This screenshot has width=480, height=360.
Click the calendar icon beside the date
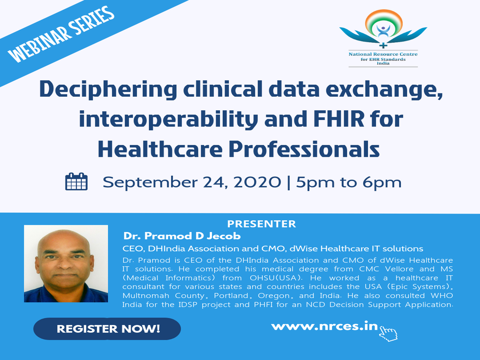[x=77, y=181]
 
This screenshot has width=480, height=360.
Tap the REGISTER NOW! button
[x=107, y=329]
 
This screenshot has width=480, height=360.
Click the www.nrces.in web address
[x=325, y=326]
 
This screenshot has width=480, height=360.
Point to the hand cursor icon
[x=388, y=333]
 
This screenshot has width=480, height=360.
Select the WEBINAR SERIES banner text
[x=61, y=34]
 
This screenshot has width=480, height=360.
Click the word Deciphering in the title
[x=108, y=89]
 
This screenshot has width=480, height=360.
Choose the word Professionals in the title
[x=304, y=149]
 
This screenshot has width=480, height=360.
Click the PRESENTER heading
[x=262, y=224]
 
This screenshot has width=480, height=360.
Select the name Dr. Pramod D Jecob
[x=182, y=236]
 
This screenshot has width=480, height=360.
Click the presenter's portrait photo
[x=66, y=264]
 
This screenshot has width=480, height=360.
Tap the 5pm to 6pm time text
[x=349, y=182]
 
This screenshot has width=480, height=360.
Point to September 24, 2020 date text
[x=192, y=182]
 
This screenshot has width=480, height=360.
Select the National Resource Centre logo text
[x=383, y=59]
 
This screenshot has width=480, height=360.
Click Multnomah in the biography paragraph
[x=146, y=296]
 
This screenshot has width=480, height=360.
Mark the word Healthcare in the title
[x=160, y=149]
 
